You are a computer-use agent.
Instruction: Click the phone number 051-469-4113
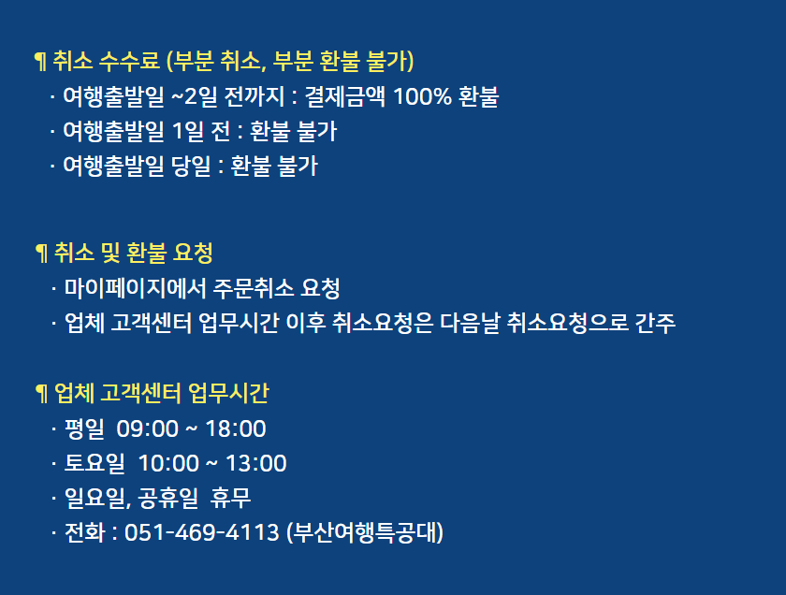point(201,532)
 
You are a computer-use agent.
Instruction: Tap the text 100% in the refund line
point(423,96)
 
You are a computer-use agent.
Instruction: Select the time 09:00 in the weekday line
point(148,429)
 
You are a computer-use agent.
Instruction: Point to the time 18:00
point(236,429)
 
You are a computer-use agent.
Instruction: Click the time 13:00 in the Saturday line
point(256,464)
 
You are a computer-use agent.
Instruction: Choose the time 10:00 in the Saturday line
point(168,464)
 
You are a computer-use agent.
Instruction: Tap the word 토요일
point(95,464)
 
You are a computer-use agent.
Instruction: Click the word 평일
point(84,429)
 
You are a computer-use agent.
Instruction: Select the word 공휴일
point(168,499)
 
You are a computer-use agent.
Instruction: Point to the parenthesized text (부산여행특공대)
point(365,532)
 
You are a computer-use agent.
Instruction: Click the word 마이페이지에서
point(136,288)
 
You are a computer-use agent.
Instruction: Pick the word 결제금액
point(345,96)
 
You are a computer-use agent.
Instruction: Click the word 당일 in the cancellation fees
point(191,166)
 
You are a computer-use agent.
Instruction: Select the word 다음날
point(470,323)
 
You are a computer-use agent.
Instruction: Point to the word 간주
point(655,323)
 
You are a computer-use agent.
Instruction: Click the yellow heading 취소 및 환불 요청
point(133,253)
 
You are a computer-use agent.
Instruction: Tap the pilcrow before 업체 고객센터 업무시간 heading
point(42,394)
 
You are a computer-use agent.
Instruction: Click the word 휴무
point(230,499)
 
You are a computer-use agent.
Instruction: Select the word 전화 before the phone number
point(85,532)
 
